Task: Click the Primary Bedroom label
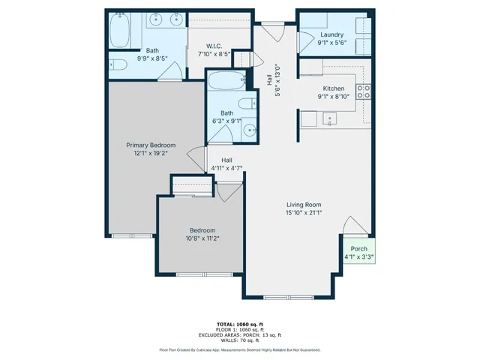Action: pyautogui.click(x=151, y=145)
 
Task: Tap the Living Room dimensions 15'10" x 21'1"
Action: pyautogui.click(x=304, y=213)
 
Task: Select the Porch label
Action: pyautogui.click(x=359, y=248)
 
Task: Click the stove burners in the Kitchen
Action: pyautogui.click(x=364, y=91)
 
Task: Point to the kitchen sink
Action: pyautogui.click(x=328, y=118)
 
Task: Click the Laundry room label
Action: pyautogui.click(x=331, y=34)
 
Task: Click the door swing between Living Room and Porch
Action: pyautogui.click(x=352, y=228)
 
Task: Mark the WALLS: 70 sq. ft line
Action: pyautogui.click(x=240, y=339)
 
